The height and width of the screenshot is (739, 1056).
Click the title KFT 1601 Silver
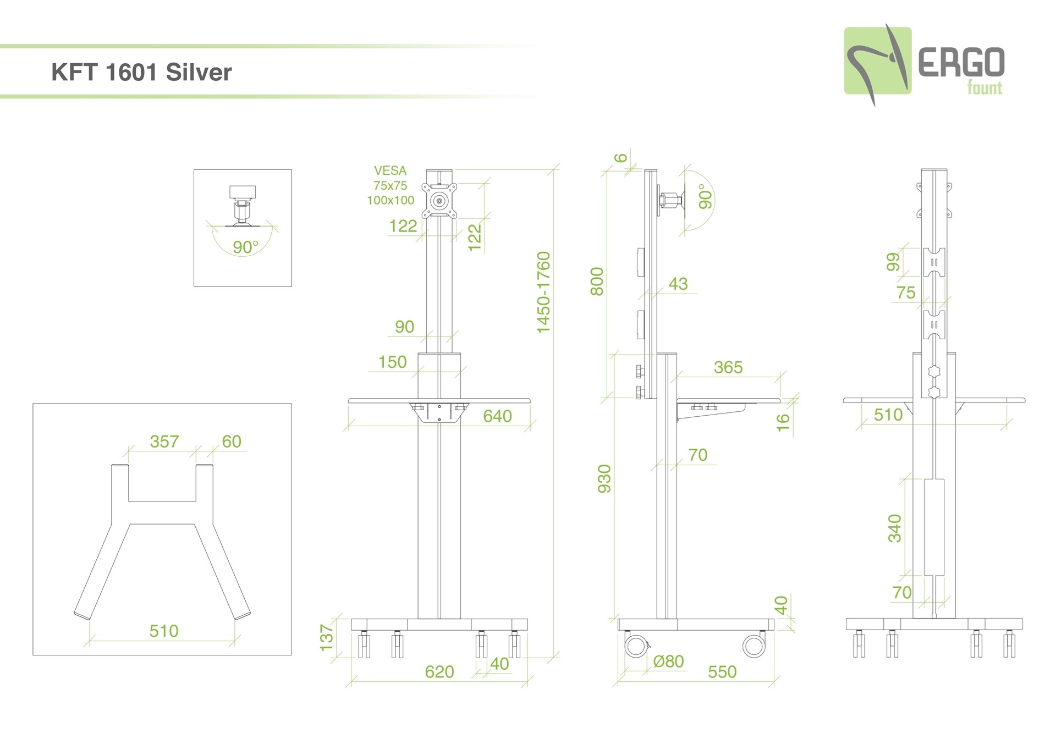pos(141,72)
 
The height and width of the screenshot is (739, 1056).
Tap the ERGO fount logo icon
pos(878,63)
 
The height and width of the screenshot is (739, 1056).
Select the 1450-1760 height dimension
pos(543,292)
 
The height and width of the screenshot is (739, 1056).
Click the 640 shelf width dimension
pos(497,416)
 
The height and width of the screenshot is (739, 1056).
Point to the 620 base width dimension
pos(439,671)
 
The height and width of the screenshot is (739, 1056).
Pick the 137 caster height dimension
pos(327,638)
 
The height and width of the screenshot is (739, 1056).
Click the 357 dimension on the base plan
pos(164,442)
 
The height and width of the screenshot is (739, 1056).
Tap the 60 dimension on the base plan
pos(232,442)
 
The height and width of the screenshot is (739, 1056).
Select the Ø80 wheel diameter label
pos(668,661)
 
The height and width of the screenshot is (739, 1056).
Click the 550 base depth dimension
pos(722,671)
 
